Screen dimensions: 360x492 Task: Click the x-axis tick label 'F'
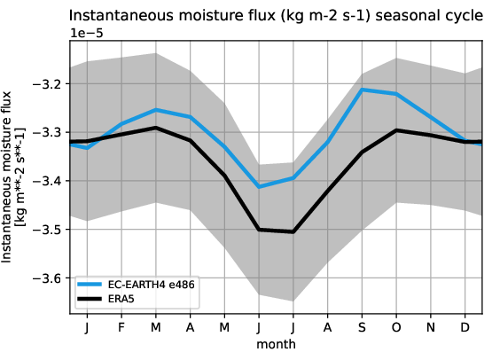coord(121,327)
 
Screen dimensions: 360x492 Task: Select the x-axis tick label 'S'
coord(362,327)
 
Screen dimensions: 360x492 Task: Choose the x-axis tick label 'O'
coord(396,327)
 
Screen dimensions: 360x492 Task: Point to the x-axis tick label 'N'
coord(431,327)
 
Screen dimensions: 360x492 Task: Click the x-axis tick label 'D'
coord(465,327)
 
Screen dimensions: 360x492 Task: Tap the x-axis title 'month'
coord(276,343)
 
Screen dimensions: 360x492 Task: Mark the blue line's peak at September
coord(362,90)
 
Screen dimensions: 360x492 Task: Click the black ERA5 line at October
coord(396,130)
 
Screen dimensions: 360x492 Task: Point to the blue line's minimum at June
coord(259,186)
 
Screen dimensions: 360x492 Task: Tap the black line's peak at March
coord(156,128)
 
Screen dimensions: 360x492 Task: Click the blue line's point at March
coord(156,110)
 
